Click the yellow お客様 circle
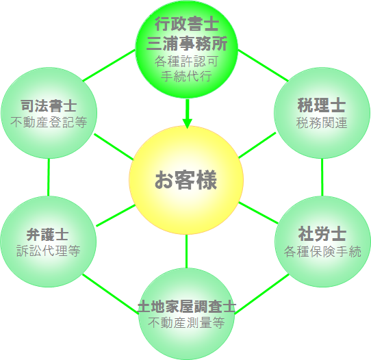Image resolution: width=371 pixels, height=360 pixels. tap(186, 180)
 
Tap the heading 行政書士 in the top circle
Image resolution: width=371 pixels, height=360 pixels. tap(187, 24)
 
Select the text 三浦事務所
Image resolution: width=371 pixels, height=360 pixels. tap(187, 43)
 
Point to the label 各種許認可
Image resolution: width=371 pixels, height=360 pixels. tap(186, 62)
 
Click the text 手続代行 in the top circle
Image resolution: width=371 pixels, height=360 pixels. tap(186, 76)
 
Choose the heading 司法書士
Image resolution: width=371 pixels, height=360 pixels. tap(49, 105)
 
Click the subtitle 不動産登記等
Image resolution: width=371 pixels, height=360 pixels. tap(49, 122)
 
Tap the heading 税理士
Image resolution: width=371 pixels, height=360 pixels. tap(322, 105)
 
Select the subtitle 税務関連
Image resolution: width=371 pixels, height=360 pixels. tap(322, 123)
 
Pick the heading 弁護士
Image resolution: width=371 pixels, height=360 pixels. tap(48, 235)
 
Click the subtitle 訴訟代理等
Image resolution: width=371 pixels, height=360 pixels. tap(49, 250)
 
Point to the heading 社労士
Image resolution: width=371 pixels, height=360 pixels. tap(322, 233)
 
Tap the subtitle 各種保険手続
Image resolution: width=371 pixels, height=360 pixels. tap(322, 251)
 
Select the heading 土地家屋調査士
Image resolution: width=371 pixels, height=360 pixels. tap(187, 307)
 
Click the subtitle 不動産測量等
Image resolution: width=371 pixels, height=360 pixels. tap(186, 322)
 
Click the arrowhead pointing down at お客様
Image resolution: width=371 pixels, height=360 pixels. tap(187, 123)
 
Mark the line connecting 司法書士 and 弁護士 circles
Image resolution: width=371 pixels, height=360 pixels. tap(49, 177)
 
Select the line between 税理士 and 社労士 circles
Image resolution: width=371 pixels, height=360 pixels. tap(322, 177)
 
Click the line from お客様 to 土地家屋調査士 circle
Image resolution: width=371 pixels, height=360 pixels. tap(186, 251)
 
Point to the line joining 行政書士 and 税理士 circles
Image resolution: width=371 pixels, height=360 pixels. tap(263, 65)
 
